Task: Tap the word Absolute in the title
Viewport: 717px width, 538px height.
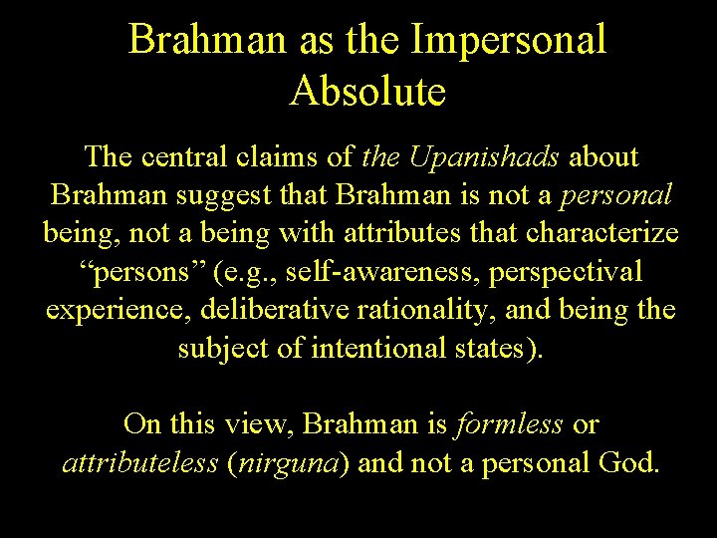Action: pos(367,92)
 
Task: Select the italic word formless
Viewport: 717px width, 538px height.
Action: pos(510,424)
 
